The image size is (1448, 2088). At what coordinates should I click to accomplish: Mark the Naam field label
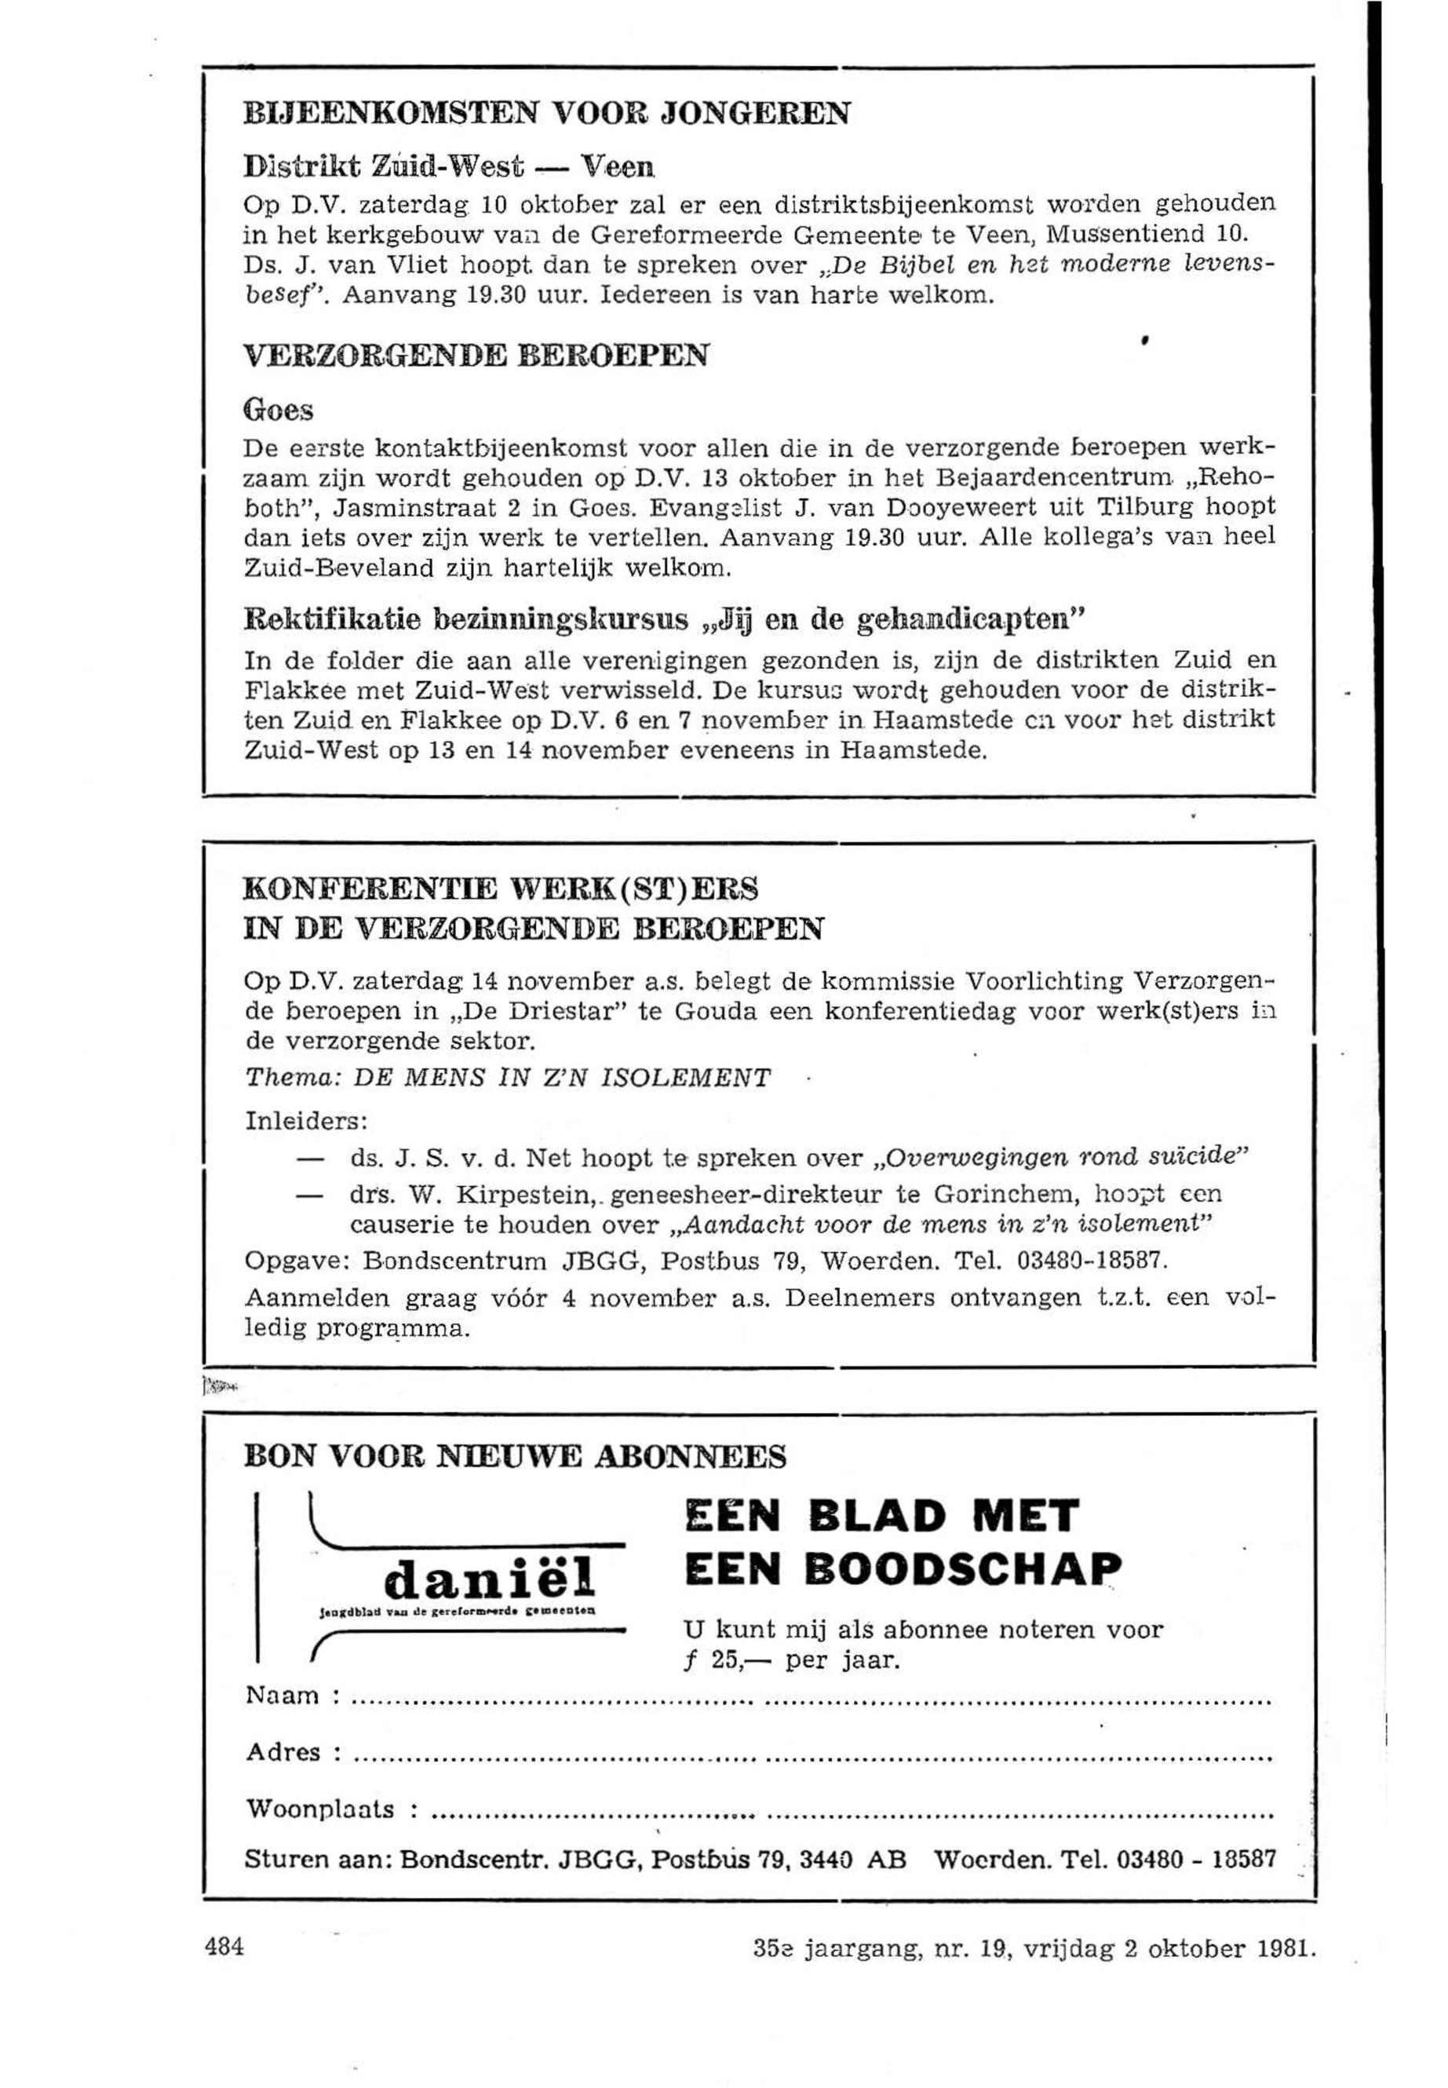[283, 1696]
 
